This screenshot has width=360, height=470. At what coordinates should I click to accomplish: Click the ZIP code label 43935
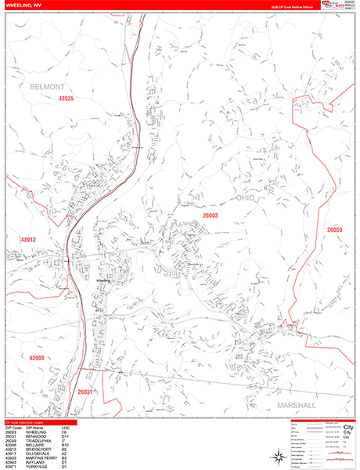[65, 99]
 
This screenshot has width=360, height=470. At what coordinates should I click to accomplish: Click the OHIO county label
[246, 197]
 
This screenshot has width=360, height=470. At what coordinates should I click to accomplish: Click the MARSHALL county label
[295, 405]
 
